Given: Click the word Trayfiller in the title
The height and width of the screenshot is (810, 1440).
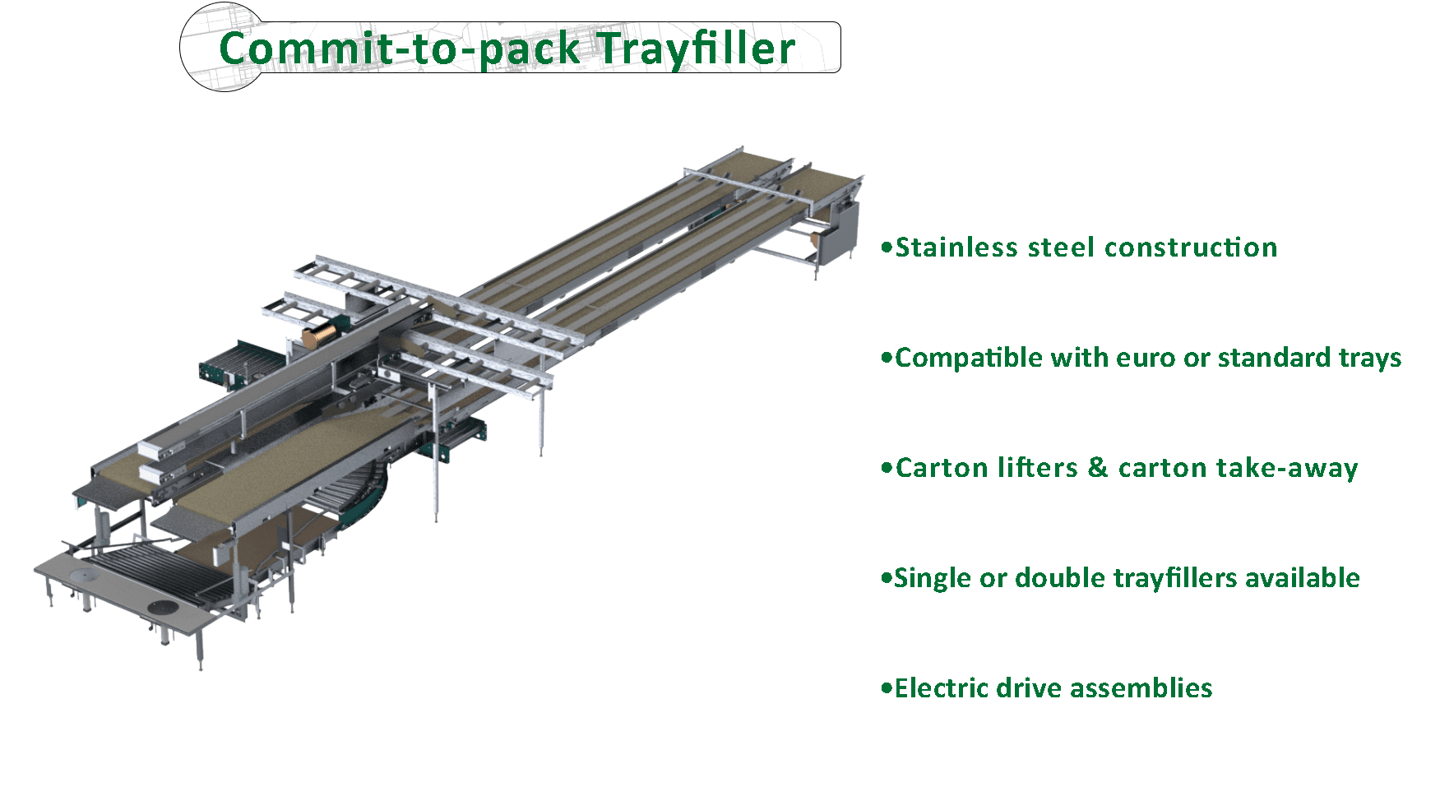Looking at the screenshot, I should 695,48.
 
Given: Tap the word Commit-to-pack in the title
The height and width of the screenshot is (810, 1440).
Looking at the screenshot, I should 400,48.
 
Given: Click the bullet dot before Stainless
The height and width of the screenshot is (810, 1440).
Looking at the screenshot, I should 886,248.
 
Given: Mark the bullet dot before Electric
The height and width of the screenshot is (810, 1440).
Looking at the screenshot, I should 886,689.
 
